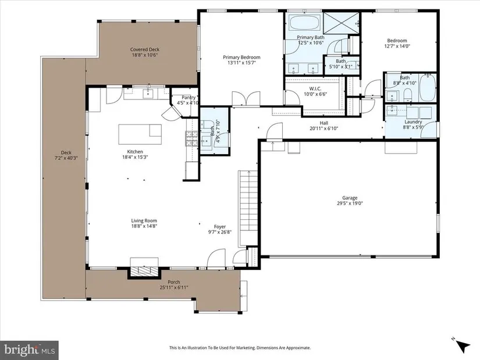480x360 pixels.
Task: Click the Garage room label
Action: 350,198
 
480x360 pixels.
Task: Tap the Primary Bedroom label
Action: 241,57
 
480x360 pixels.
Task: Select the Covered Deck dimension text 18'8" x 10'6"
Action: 145,55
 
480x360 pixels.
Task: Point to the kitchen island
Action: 140,134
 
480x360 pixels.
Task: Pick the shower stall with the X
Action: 342,22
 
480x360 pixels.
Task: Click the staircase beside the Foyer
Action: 248,208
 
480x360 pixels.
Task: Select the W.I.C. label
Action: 315,88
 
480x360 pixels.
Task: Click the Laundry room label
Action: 413,122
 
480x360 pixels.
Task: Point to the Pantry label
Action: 189,97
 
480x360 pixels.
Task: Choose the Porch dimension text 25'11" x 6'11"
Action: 174,287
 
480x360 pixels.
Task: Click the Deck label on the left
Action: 66,152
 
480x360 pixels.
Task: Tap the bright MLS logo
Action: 30,350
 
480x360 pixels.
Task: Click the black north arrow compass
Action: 464,346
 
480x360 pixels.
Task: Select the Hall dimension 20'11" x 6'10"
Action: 323,129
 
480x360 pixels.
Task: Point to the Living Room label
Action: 144,220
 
